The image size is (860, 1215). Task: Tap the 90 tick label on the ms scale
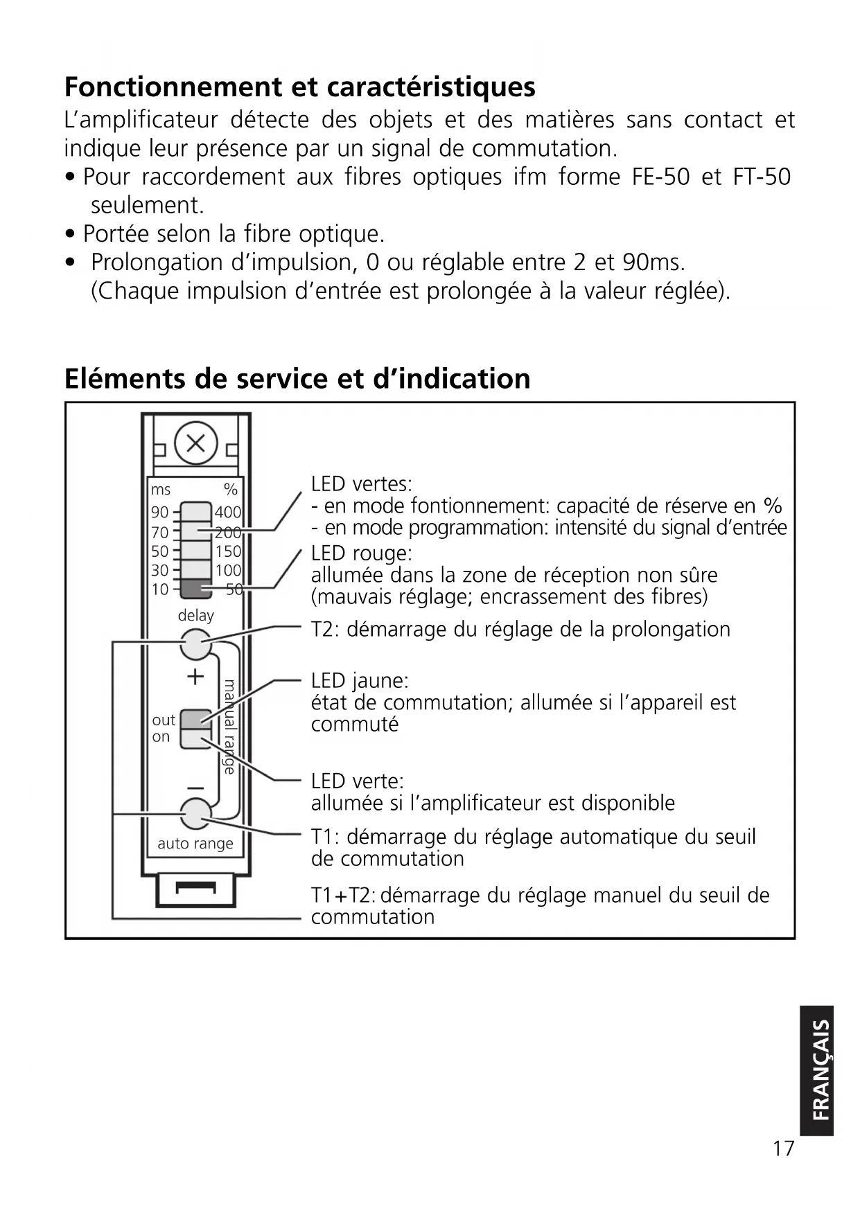pyautogui.click(x=159, y=513)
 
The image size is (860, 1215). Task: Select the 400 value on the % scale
pyautogui.click(x=227, y=513)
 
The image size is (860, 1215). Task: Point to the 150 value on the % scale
pyautogui.click(x=228, y=551)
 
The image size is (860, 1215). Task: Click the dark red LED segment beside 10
pyautogui.click(x=196, y=589)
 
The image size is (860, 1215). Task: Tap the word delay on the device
pyautogui.click(x=195, y=615)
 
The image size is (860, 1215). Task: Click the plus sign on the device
pyautogui.click(x=195, y=677)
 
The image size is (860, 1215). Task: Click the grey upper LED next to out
pyautogui.click(x=195, y=718)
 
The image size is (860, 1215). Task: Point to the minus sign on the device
pyautogui.click(x=195, y=788)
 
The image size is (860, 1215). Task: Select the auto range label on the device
pyautogui.click(x=195, y=844)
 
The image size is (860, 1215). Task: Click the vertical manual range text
pyautogui.click(x=229, y=727)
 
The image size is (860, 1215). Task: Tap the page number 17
pyautogui.click(x=783, y=1149)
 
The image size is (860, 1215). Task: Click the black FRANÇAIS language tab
pyautogui.click(x=818, y=1070)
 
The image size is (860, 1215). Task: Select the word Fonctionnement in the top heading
pyautogui.click(x=173, y=87)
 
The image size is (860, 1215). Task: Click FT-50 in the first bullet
pyautogui.click(x=761, y=177)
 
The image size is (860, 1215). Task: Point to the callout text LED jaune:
pyautogui.click(x=360, y=681)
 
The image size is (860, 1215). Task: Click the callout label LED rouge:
pyautogui.click(x=361, y=553)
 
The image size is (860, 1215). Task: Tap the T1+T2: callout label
pyautogui.click(x=343, y=896)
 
